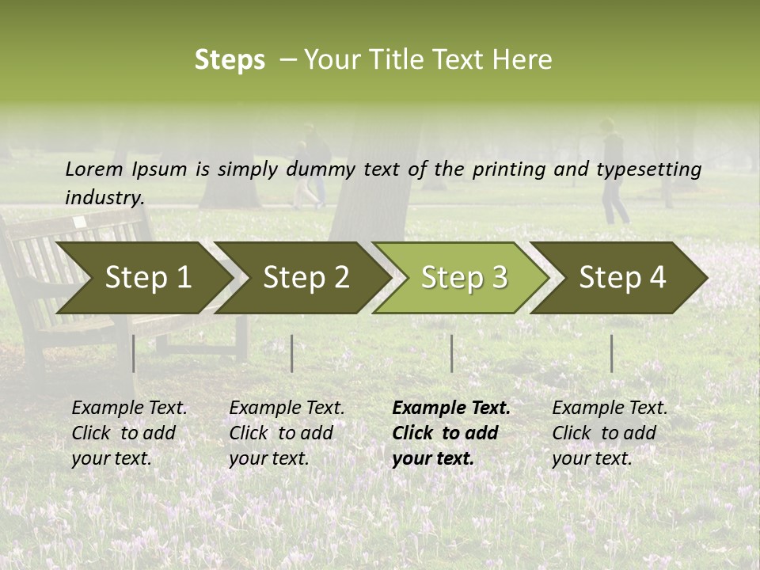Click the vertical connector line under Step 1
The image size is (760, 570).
click(x=133, y=353)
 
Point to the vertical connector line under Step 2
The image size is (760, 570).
click(x=292, y=353)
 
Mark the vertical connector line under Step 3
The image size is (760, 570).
click(x=451, y=353)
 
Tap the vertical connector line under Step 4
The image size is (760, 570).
click(x=611, y=353)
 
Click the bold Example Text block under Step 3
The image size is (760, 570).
click(x=451, y=433)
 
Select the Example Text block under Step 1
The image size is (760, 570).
click(x=129, y=433)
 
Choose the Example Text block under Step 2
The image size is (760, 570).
click(x=287, y=433)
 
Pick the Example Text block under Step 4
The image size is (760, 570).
click(x=610, y=433)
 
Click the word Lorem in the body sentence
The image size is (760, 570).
click(x=94, y=169)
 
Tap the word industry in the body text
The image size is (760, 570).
click(x=104, y=198)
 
